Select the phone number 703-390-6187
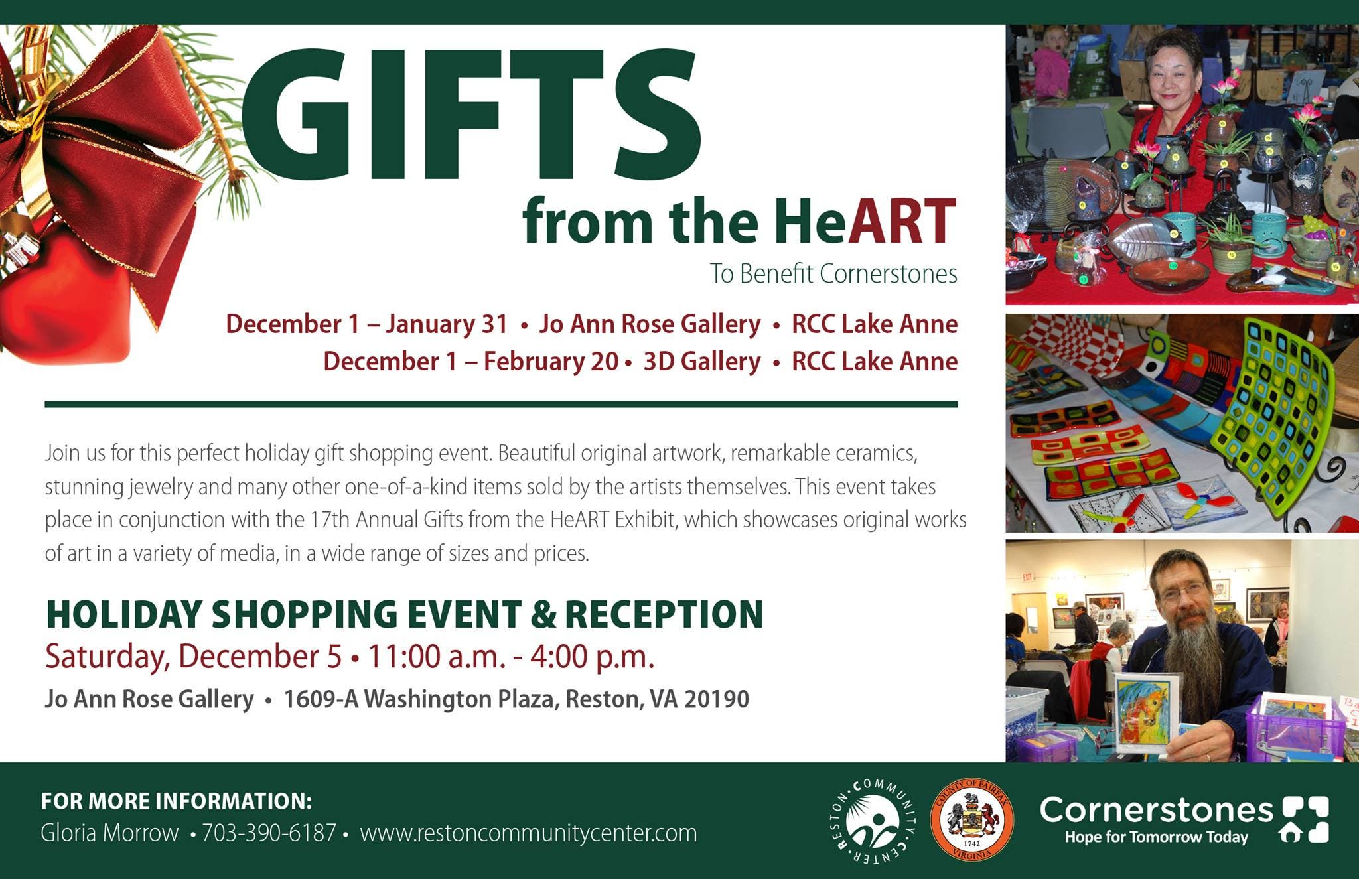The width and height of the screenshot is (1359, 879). [269, 833]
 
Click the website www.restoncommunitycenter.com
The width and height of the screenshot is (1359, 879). [528, 833]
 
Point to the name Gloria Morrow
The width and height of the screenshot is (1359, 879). [109, 833]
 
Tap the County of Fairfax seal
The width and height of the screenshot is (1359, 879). [971, 821]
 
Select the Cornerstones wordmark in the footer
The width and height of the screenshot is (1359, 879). [1157, 810]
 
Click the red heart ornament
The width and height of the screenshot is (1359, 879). [66, 299]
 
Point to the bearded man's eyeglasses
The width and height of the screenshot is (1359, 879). [1182, 590]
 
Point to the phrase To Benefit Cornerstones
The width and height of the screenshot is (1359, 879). [833, 273]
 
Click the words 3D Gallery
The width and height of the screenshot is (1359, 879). [702, 362]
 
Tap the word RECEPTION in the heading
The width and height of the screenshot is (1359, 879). [664, 614]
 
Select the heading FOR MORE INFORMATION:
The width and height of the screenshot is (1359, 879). [177, 801]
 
